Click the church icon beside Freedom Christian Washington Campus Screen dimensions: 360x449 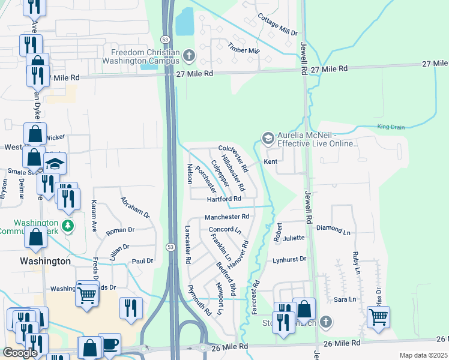tap(189, 56)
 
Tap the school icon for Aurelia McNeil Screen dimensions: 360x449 tap(267, 139)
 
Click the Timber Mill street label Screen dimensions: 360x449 tap(243, 50)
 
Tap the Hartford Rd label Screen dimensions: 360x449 tap(224, 199)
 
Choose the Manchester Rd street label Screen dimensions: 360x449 tap(226, 217)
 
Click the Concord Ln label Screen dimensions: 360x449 tap(224, 230)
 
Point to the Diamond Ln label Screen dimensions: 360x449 tap(333, 230)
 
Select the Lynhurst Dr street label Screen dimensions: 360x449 tap(289, 259)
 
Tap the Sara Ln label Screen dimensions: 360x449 tap(341, 299)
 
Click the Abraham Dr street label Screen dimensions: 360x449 tap(134, 207)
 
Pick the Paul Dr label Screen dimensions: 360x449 tap(143, 261)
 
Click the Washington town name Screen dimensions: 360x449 tap(45, 261)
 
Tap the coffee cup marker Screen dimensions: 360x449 tap(110, 344)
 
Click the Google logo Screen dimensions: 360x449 tap(20, 353)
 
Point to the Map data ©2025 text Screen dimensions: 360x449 tap(423, 355)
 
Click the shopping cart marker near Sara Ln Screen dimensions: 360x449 tap(378, 316)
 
